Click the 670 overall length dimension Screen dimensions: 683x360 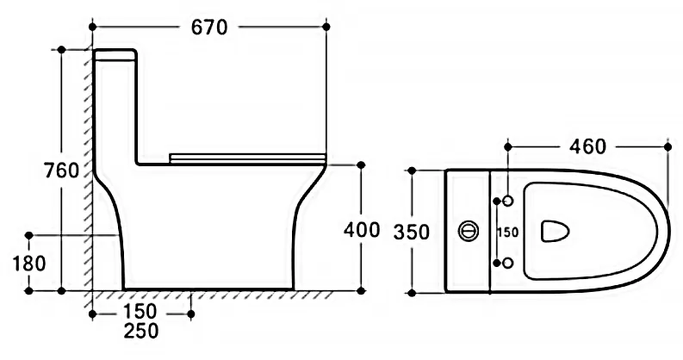click(x=209, y=28)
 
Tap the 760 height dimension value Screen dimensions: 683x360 click(x=62, y=171)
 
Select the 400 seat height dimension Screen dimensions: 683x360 click(x=362, y=230)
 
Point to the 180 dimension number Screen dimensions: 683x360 click(x=29, y=264)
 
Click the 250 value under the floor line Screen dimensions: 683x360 click(x=141, y=332)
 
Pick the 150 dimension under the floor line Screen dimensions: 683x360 click(x=140, y=312)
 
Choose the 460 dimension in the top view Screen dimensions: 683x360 click(x=587, y=146)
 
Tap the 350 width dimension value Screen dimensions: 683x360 click(x=412, y=232)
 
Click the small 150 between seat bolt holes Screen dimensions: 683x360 click(x=508, y=233)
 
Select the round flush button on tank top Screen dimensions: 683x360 click(x=469, y=231)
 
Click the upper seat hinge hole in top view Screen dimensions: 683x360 click(x=508, y=201)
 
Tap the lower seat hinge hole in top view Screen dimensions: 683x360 click(x=508, y=263)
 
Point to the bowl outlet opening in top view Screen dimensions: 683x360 click(x=555, y=231)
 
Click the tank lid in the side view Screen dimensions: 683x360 click(x=115, y=54)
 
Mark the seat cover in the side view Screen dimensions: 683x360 click(x=247, y=158)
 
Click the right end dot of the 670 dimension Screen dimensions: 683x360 click(x=326, y=27)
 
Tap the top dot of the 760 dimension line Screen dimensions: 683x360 click(x=61, y=50)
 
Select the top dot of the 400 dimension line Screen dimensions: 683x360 click(x=361, y=165)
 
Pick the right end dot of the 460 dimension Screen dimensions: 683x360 click(x=668, y=147)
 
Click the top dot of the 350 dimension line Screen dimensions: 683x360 click(x=412, y=171)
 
